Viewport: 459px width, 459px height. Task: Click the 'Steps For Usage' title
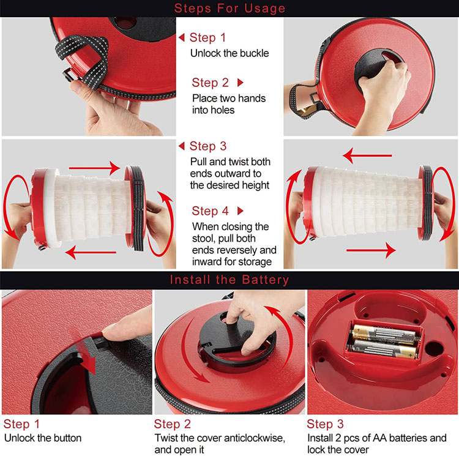229,8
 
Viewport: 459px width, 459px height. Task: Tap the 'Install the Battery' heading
229,280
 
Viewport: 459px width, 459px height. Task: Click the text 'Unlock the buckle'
229,53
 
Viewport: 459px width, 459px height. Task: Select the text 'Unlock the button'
43,438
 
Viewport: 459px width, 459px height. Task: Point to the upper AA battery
384,334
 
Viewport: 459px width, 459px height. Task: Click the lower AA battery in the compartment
385,349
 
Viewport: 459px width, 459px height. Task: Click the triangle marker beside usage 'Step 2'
241,83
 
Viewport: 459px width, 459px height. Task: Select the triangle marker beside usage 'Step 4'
241,211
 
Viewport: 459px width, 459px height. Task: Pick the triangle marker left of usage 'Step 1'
182,37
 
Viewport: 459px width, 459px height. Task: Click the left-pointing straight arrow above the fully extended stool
367,155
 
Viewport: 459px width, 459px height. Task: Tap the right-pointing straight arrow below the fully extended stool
371,250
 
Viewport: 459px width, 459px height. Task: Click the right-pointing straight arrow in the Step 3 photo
94,168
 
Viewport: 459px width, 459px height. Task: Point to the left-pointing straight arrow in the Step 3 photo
91,252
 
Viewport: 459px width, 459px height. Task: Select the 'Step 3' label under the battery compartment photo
325,424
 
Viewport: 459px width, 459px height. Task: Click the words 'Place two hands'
229,99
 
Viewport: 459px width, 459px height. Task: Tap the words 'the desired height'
229,185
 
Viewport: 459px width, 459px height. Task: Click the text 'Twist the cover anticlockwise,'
220,438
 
